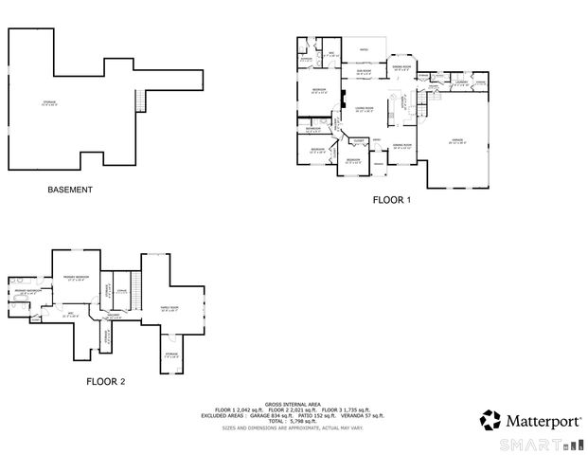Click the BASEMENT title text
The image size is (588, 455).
tap(70, 190)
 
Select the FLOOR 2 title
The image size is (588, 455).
tap(106, 382)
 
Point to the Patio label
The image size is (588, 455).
tap(363, 49)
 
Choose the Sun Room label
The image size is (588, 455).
tap(363, 71)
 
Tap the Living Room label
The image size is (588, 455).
tap(363, 110)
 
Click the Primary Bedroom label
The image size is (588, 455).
tap(76, 278)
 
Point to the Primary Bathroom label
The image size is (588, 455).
tap(26, 293)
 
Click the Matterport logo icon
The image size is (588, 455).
tap(490, 419)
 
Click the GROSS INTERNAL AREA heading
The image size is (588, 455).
tap(293, 402)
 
